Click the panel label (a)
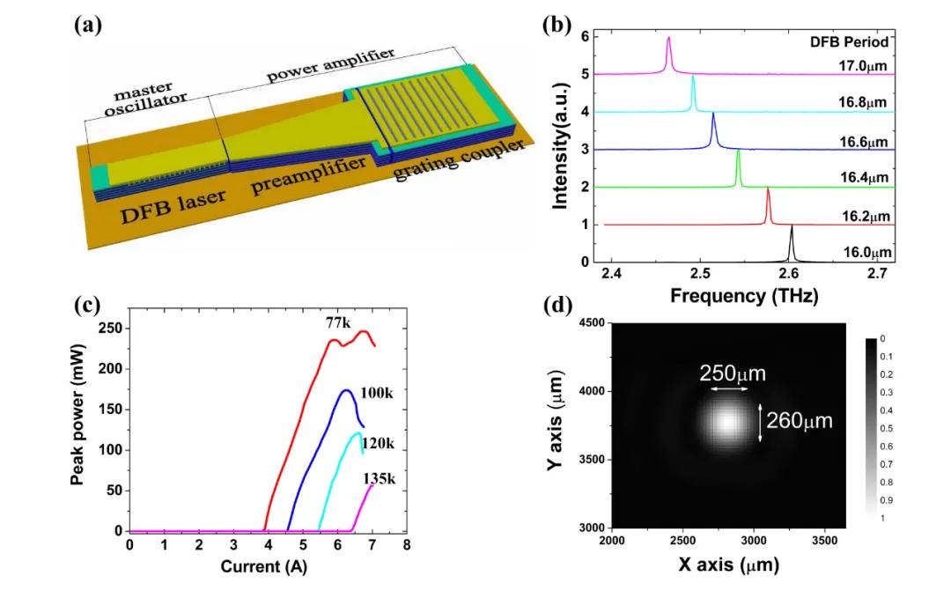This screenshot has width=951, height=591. (88, 25)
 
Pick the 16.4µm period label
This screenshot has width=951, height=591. (863, 180)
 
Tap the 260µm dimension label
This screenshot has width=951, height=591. (799, 422)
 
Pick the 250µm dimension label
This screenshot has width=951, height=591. (733, 373)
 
